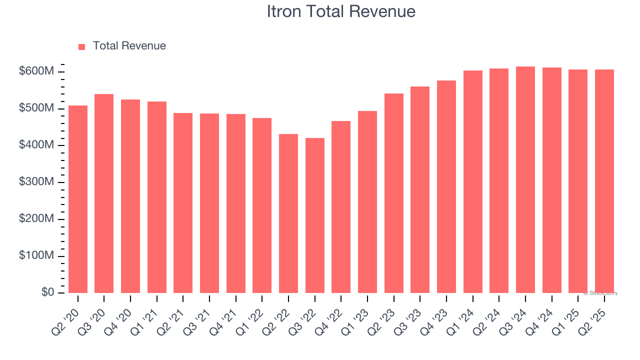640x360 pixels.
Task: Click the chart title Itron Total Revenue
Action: click(x=341, y=11)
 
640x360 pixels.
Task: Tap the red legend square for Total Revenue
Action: click(x=82, y=46)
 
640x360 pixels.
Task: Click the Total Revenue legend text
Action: click(x=129, y=46)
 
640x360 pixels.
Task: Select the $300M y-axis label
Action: click(x=36, y=182)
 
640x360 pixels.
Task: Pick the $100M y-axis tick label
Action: click(x=36, y=256)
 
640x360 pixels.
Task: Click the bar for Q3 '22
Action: click(x=315, y=215)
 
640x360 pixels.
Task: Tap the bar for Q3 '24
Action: click(x=525, y=179)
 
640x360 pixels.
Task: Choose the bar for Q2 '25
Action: click(x=604, y=181)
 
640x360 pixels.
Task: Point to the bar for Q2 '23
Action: click(x=394, y=193)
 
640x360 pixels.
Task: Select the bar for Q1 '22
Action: click(x=262, y=205)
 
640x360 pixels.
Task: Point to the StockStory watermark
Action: click(x=600, y=293)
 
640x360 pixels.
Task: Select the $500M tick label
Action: click(x=36, y=109)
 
